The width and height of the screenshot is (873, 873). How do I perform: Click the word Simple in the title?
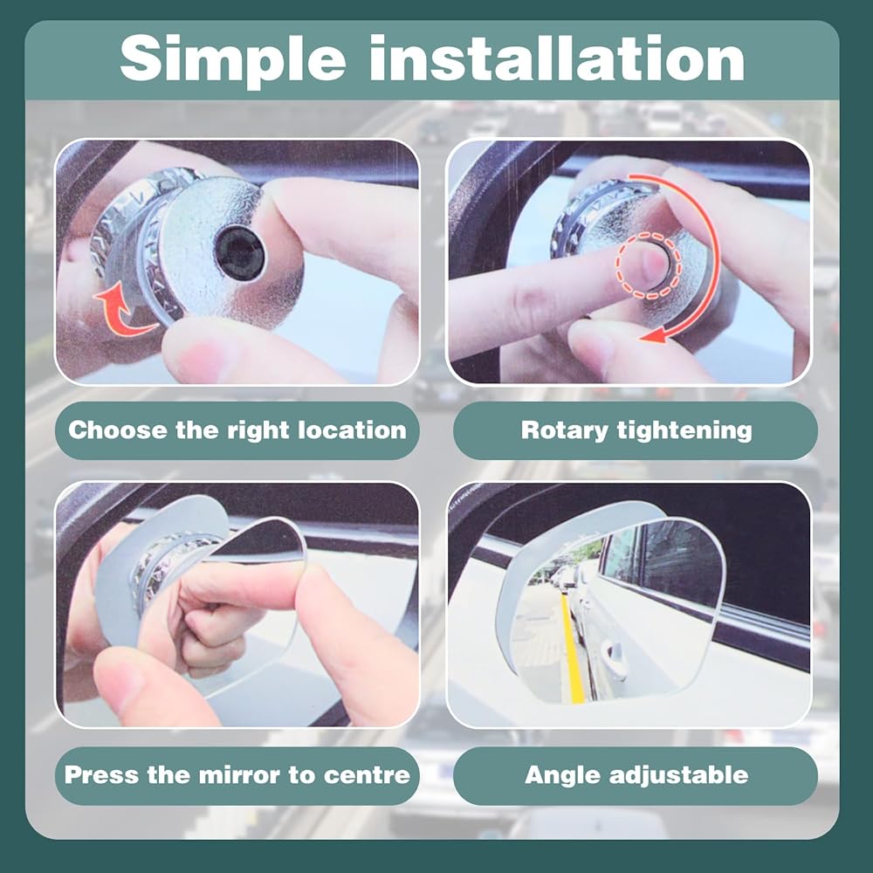tap(232, 60)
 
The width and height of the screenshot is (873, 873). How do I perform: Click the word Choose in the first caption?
tap(118, 430)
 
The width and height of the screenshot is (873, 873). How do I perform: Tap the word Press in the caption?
tap(101, 775)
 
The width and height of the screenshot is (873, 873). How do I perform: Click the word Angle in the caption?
tap(561, 776)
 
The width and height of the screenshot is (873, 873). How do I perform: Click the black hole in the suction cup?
tap(240, 254)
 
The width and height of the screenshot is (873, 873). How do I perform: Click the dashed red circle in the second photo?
tap(648, 265)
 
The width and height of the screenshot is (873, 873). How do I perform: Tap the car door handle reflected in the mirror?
tap(614, 652)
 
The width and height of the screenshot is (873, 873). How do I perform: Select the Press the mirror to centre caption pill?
tap(237, 775)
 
